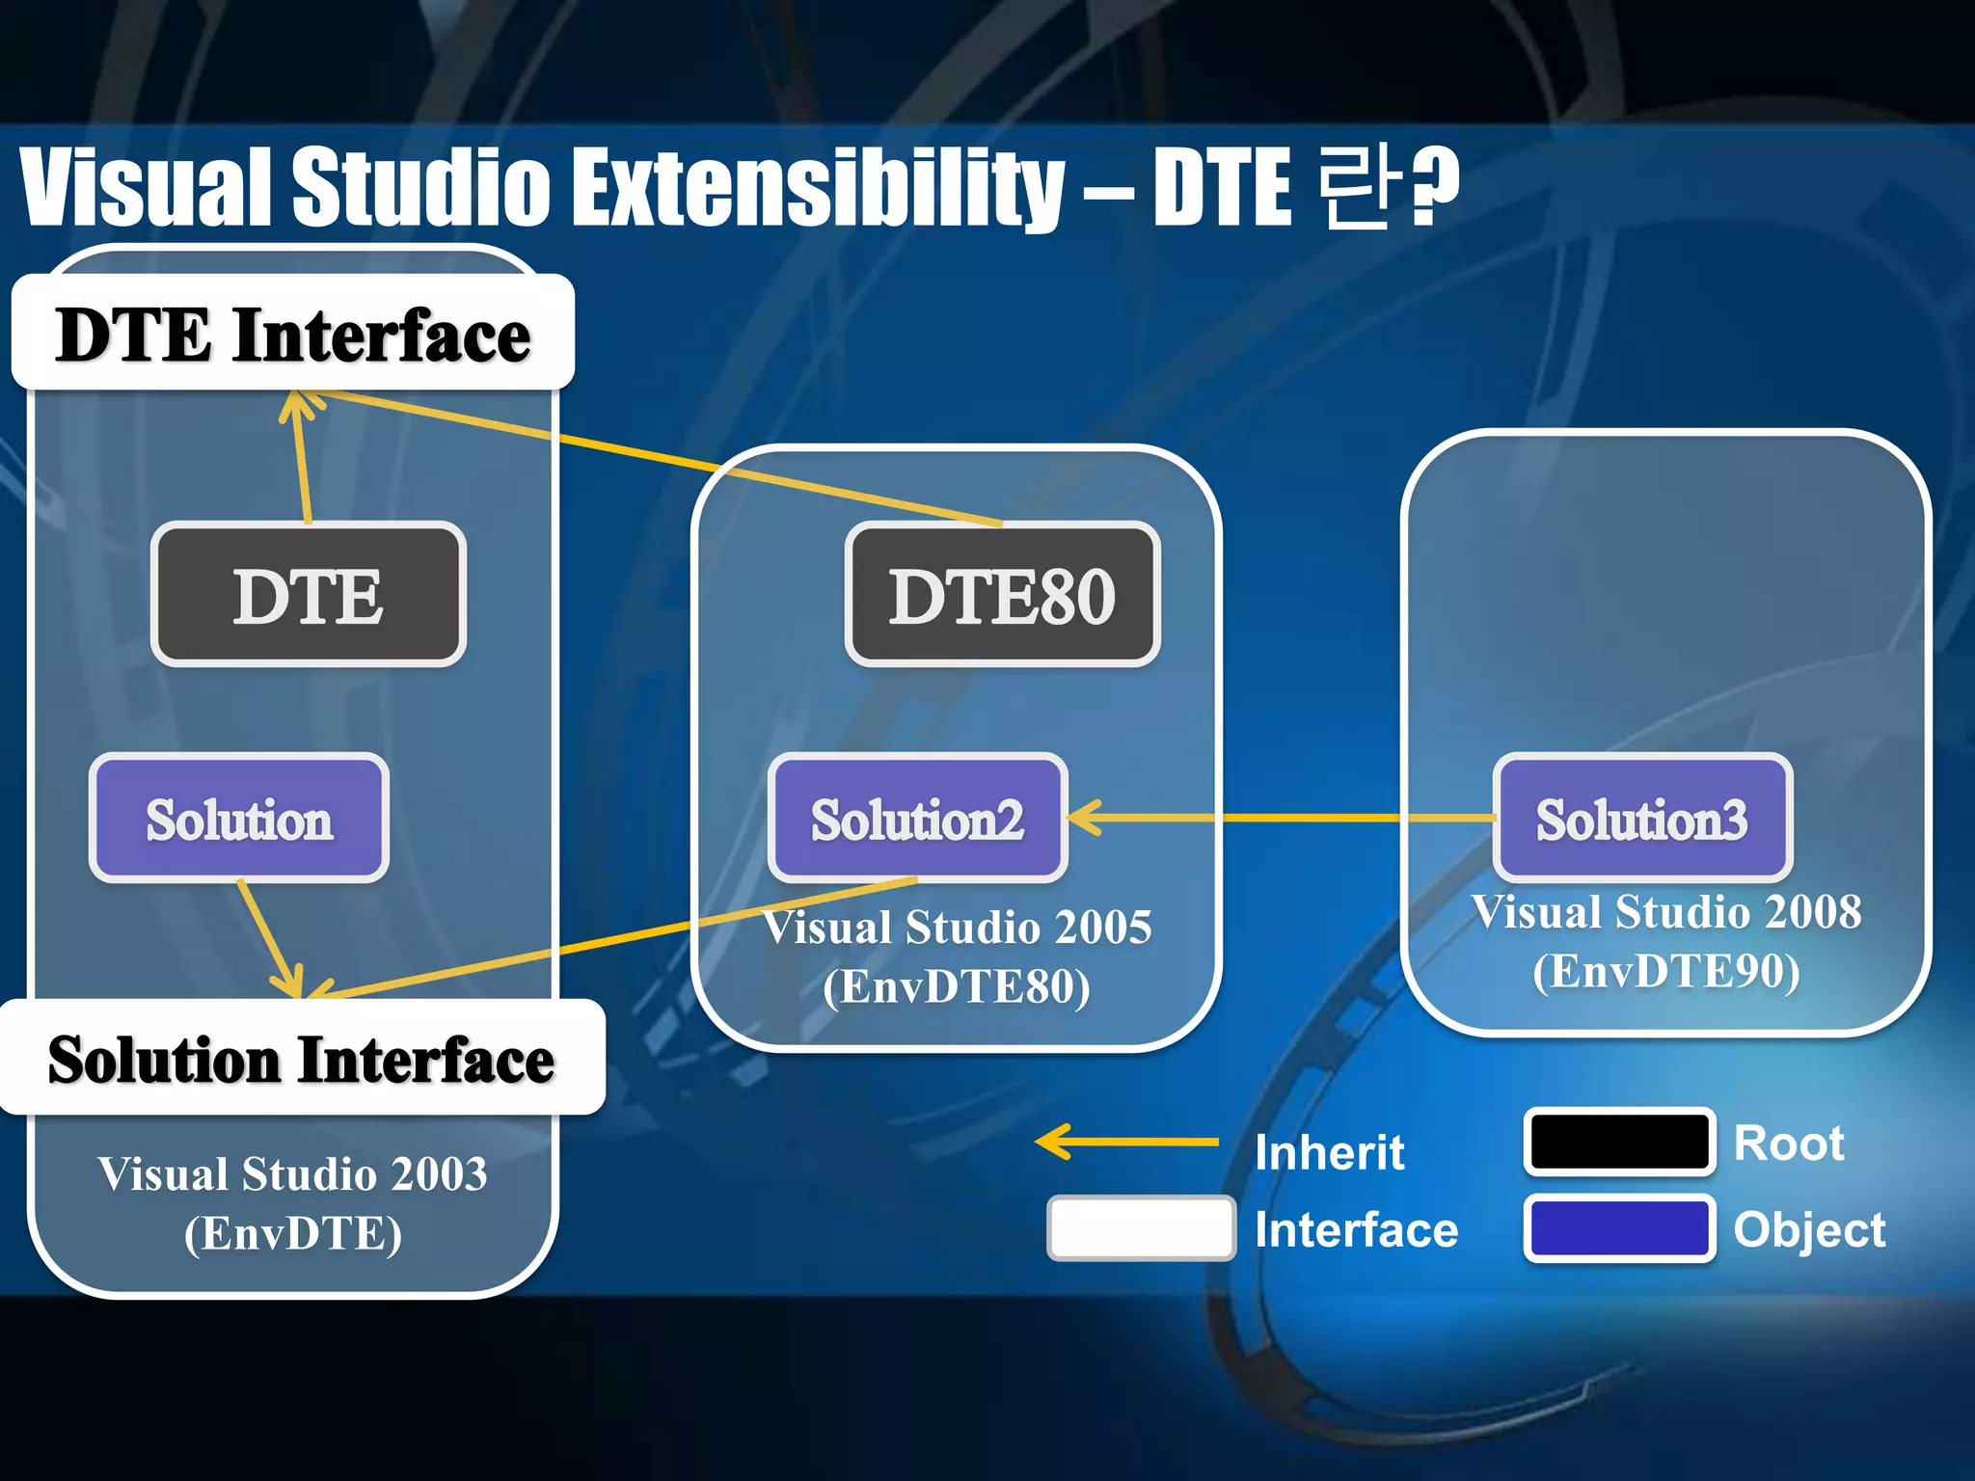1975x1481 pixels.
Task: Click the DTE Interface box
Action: (x=292, y=334)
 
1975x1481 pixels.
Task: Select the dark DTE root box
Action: (x=308, y=595)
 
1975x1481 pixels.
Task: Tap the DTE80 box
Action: (x=1002, y=595)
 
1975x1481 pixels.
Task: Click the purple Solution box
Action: (x=239, y=819)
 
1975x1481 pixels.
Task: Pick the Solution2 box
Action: (x=917, y=819)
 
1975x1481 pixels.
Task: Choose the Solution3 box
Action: (x=1641, y=819)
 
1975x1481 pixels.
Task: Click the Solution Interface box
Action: (x=301, y=1059)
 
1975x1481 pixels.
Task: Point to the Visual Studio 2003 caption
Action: (x=292, y=1173)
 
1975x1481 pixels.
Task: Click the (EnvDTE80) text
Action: (x=957, y=986)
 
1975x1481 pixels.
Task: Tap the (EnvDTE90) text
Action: (x=1666, y=971)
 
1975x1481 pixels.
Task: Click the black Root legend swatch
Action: (x=1618, y=1142)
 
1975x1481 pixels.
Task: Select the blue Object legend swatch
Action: (x=1618, y=1227)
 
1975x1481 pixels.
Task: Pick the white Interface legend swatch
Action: (x=1141, y=1227)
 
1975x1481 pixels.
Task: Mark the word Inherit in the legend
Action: (x=1329, y=1152)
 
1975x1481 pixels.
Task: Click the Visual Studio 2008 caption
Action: (x=1666, y=912)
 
